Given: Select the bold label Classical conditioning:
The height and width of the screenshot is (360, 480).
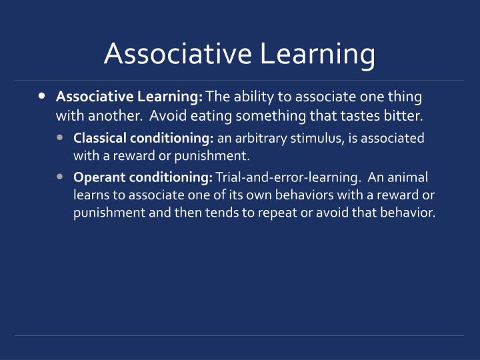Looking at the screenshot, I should (x=143, y=138).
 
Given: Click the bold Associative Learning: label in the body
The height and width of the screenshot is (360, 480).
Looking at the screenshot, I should (x=129, y=97).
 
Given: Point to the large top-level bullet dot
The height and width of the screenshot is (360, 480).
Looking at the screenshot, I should (x=43, y=96).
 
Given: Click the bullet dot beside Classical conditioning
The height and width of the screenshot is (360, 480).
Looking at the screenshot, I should (x=61, y=138).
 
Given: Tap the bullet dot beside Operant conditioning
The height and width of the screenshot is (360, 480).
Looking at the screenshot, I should (x=61, y=177).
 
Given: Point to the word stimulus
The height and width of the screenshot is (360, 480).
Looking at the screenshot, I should (x=307, y=138).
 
